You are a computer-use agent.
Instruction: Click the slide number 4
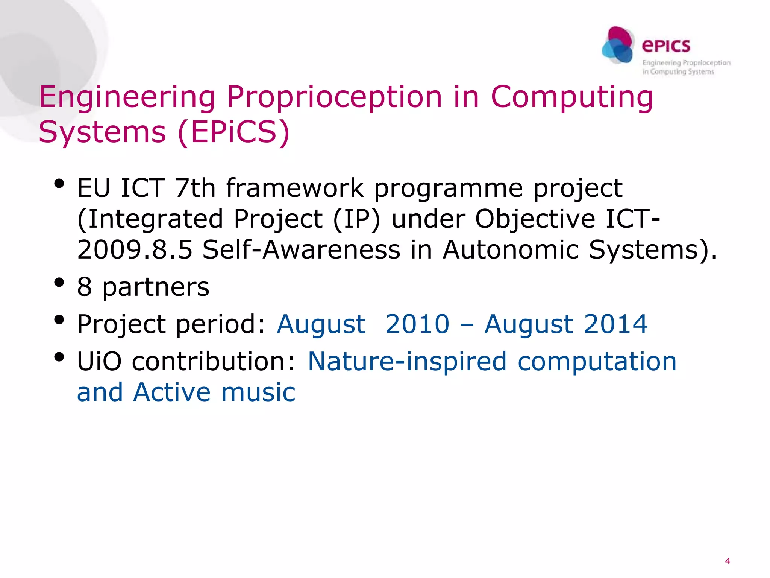[728, 561]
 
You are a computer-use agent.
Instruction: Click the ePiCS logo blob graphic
[618, 45]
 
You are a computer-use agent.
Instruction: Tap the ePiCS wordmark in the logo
[666, 46]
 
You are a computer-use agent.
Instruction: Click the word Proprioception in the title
[334, 97]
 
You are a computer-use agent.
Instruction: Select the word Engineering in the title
[127, 97]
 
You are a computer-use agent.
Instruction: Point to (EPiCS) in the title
[233, 132]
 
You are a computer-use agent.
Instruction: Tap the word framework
[295, 188]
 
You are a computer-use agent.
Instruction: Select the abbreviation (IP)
[357, 219]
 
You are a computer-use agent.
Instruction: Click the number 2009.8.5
[135, 249]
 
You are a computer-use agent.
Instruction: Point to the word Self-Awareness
[301, 249]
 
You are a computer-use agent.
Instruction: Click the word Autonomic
[510, 249]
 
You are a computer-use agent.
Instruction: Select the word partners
[156, 287]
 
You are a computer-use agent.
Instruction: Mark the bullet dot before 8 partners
[59, 282]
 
